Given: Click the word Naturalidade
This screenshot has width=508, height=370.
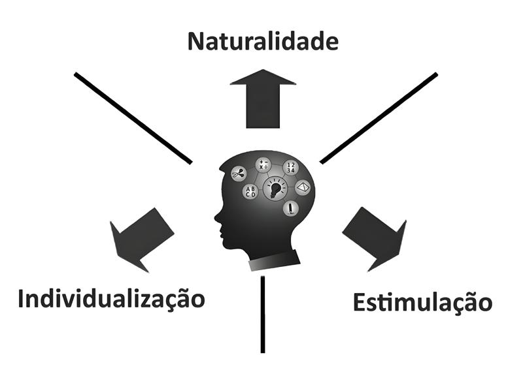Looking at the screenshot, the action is (262, 42).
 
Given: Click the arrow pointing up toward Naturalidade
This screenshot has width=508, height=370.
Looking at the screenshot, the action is (263, 98).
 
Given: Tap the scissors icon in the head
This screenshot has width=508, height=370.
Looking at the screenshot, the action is (237, 174).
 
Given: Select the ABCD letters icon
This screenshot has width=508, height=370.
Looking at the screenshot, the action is (250, 192).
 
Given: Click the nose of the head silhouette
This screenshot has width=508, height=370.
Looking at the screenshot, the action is (216, 217).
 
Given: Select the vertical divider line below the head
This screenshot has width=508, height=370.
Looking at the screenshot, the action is (262, 313).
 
